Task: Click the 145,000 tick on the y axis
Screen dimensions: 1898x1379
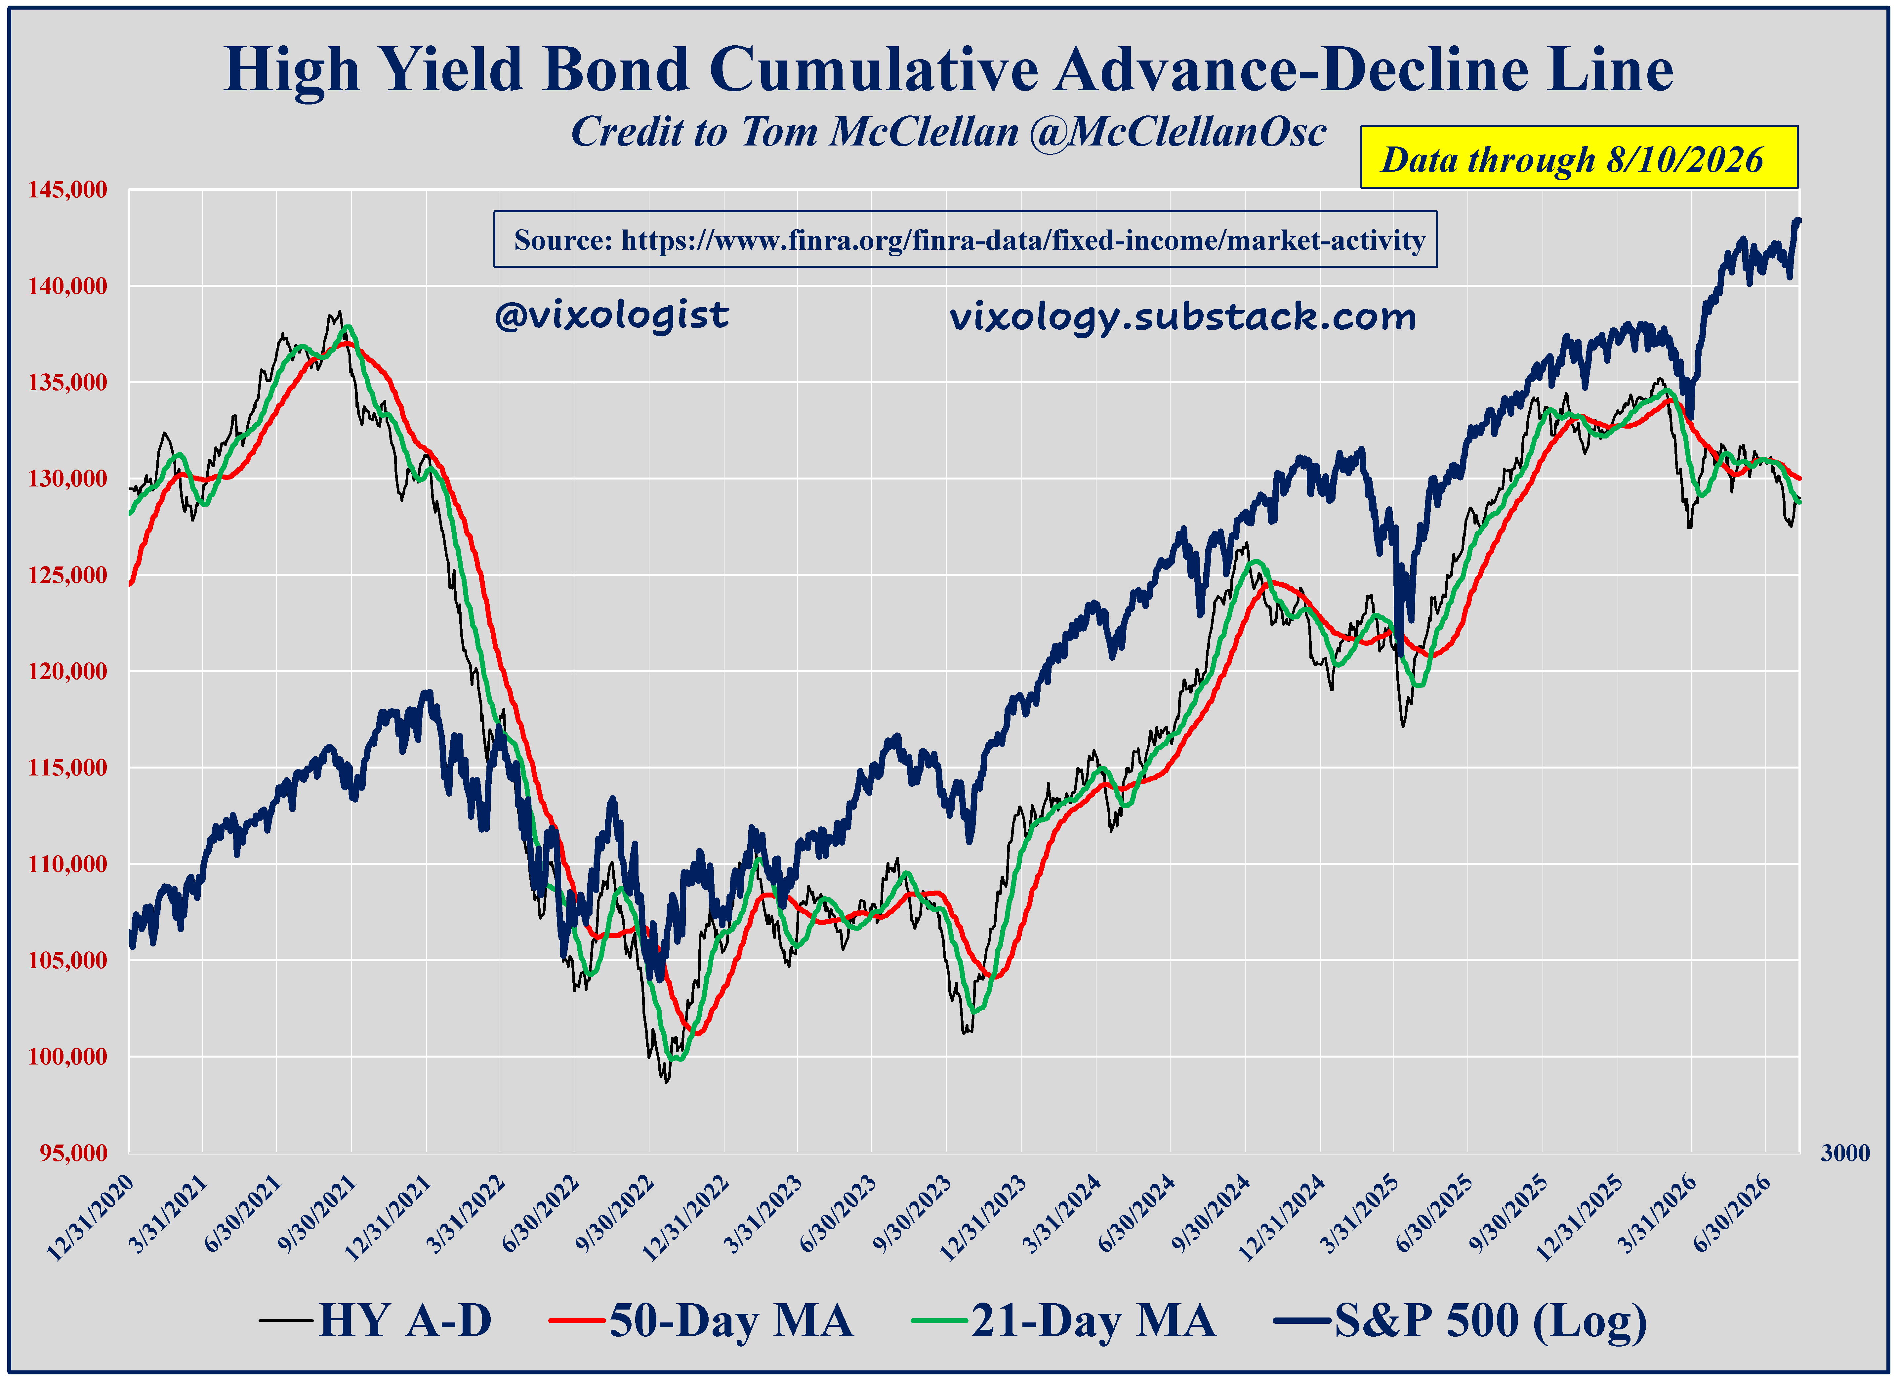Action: coord(68,190)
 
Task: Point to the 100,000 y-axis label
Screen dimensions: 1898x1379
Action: coord(68,1057)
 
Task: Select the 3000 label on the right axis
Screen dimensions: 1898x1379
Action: coord(1845,1153)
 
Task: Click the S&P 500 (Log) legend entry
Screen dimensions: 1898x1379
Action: coord(1460,1322)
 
